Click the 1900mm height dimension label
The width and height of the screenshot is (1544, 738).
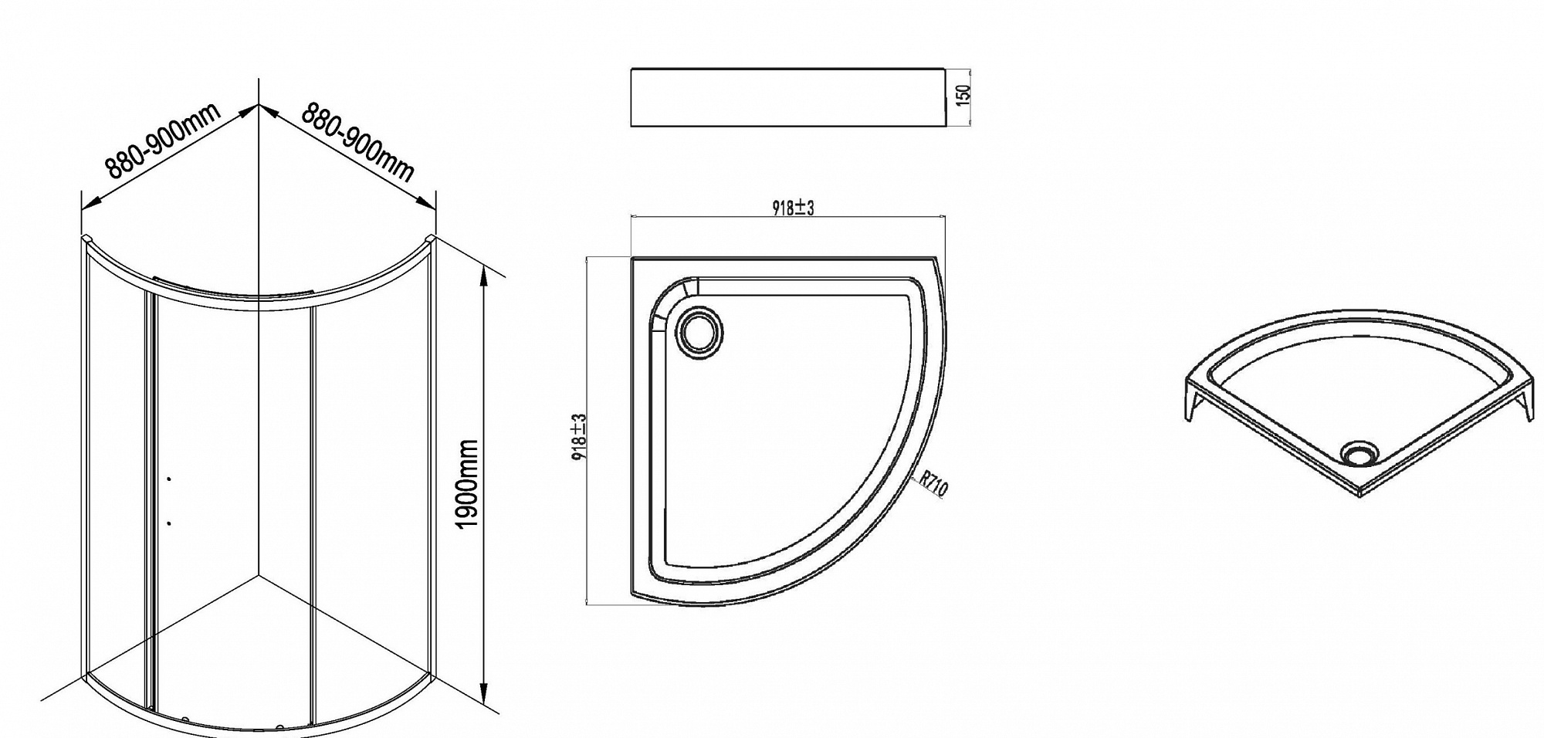click(x=469, y=484)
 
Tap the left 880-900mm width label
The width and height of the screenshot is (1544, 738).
click(x=163, y=141)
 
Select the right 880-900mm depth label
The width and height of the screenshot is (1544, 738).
click(x=357, y=142)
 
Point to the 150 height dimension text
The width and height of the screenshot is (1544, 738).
click(x=963, y=94)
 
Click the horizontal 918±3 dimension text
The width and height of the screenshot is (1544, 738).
click(x=793, y=208)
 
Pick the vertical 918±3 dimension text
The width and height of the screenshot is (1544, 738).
click(x=580, y=437)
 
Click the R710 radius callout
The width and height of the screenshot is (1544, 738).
click(x=933, y=484)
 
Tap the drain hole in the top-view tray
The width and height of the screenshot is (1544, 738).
click(x=700, y=332)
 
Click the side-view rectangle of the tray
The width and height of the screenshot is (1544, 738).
click(x=788, y=97)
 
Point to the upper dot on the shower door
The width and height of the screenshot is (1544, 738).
click(x=169, y=479)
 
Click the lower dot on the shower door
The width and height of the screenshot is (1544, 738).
click(x=169, y=523)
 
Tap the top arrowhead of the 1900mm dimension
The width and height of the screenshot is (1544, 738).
click(x=485, y=272)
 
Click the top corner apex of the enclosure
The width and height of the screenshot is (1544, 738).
click(x=258, y=104)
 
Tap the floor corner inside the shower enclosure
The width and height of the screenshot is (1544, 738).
click(x=259, y=575)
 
